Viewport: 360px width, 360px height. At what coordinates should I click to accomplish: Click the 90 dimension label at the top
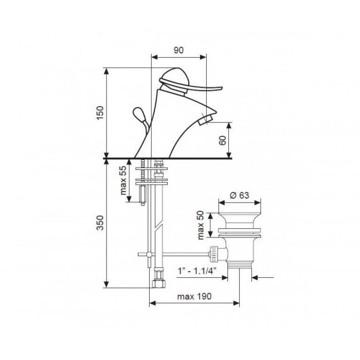178,50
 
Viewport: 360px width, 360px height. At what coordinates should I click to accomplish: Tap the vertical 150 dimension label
100,113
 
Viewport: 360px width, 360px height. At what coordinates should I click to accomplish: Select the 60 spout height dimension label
223,140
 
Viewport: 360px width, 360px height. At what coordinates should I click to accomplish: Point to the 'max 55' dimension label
123,180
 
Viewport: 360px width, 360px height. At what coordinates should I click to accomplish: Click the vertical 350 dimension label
100,223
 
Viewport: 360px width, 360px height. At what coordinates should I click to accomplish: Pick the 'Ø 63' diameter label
240,195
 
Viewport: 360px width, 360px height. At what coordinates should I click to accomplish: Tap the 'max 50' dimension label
201,225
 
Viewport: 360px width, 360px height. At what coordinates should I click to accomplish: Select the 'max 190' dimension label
194,296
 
